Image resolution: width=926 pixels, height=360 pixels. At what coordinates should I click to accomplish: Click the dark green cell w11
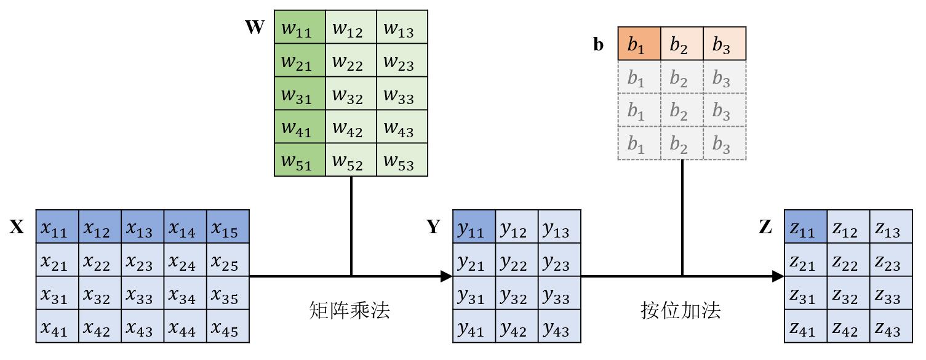point(300,27)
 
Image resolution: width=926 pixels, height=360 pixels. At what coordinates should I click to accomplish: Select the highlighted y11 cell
point(474,226)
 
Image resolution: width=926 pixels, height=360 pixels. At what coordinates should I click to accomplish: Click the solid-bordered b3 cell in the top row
point(724,44)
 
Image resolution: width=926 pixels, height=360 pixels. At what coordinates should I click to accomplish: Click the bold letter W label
point(255,28)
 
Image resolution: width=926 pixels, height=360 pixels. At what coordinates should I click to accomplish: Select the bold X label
point(17,228)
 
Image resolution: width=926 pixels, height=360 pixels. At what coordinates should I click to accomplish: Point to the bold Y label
point(434,228)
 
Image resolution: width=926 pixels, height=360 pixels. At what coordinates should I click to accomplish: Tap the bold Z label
point(765,228)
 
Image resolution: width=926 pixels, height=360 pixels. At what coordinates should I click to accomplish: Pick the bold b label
point(599,45)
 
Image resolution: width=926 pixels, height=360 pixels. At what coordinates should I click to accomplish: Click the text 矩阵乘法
point(349,310)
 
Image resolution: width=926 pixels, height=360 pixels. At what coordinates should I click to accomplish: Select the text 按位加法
point(681,310)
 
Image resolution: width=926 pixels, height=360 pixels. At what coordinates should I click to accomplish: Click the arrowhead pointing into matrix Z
point(778,276)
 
